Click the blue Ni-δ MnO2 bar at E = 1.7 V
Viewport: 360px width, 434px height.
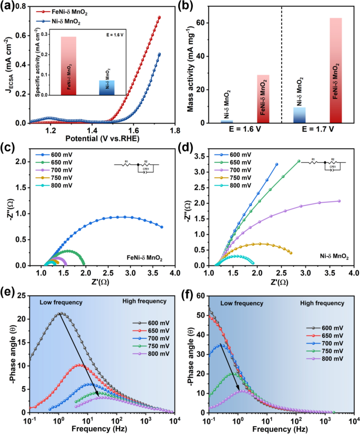[300, 115]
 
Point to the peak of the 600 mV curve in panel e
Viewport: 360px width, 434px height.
[60, 314]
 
